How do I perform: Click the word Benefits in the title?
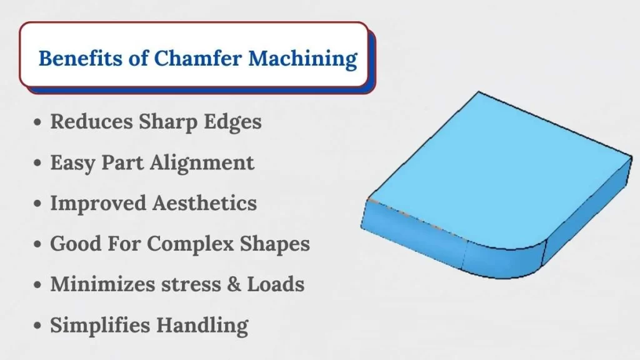[x=81, y=58]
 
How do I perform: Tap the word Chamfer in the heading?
[x=197, y=57]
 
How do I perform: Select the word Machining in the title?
[x=302, y=59]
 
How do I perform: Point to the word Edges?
[x=232, y=122]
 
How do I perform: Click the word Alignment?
[x=202, y=163]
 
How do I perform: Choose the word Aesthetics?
[x=204, y=203]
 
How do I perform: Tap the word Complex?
[x=190, y=244]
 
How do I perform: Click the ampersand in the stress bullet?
[x=234, y=284]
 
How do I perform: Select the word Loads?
[x=276, y=284]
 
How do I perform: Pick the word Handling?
[x=202, y=326]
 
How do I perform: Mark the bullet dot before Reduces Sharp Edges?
[x=37, y=122]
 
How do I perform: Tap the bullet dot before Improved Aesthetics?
[x=37, y=203]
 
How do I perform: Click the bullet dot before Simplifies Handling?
[x=37, y=326]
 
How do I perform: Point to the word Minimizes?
[x=102, y=284]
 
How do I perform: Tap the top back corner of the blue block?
[x=479, y=92]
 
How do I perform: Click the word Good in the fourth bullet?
[x=76, y=244]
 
